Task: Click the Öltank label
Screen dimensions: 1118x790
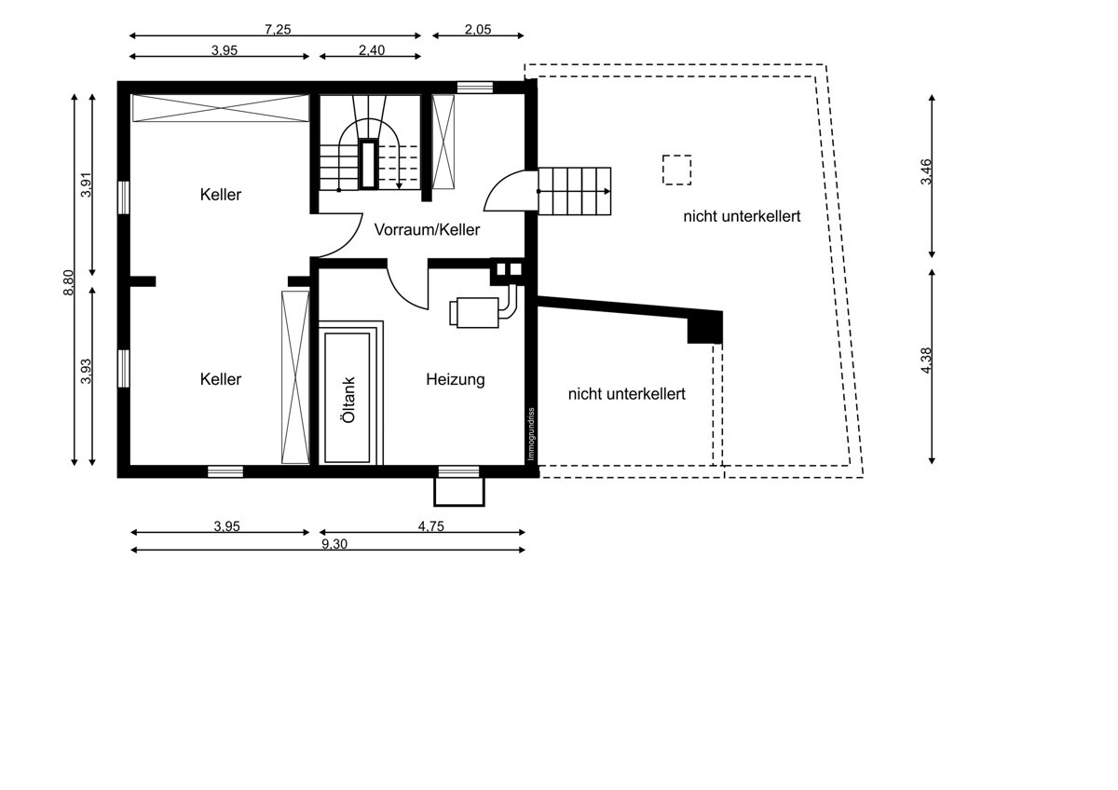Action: point(348,400)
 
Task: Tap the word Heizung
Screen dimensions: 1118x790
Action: point(456,380)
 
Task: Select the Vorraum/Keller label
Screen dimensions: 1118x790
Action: point(427,229)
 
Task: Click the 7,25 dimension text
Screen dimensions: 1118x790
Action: point(278,30)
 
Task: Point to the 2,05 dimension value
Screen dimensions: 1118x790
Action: point(478,30)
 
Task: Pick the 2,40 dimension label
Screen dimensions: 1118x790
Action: point(372,50)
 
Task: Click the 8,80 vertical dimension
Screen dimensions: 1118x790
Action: point(68,282)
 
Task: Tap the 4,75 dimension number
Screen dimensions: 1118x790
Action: point(430,526)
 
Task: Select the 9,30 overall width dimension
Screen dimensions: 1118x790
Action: point(334,543)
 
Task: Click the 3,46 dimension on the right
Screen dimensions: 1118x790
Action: point(926,171)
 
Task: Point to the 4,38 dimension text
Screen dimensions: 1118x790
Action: point(926,361)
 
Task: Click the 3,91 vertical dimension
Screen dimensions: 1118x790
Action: point(87,184)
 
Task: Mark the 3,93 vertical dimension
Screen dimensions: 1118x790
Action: point(87,372)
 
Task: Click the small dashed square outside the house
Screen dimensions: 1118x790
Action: point(676,170)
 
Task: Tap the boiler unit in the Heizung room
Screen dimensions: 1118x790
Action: point(474,313)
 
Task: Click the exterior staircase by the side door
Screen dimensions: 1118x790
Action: point(575,191)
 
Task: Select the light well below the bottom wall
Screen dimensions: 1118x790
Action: point(459,492)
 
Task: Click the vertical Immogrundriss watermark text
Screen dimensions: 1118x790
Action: point(531,434)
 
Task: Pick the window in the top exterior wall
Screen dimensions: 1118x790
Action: point(474,88)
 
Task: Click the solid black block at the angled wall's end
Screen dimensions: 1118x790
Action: point(705,328)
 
